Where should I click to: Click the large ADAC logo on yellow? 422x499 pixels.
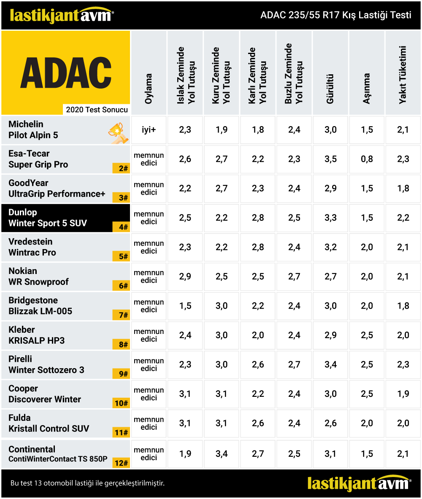(x=66, y=73)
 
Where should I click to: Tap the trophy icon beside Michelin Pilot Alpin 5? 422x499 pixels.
(x=118, y=133)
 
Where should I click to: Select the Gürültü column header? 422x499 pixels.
(x=330, y=89)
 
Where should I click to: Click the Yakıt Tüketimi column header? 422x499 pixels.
(x=403, y=75)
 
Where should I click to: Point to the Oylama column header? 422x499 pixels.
(x=149, y=89)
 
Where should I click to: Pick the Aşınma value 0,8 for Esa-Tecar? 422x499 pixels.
(x=367, y=159)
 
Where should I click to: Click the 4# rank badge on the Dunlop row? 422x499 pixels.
(x=122, y=227)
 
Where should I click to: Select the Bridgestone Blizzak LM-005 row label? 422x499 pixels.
(x=41, y=306)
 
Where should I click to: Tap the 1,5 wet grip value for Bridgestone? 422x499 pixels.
(x=185, y=306)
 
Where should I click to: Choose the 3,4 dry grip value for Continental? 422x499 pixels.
(x=221, y=454)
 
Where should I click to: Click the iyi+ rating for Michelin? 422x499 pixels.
(x=149, y=130)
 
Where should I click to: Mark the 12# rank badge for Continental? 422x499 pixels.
(x=122, y=463)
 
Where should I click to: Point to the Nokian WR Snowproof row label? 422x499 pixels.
(x=38, y=276)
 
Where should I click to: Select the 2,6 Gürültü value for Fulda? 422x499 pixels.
(x=330, y=423)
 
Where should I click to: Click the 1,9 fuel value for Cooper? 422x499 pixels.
(x=403, y=394)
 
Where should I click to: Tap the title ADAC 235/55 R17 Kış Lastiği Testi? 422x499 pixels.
(x=336, y=15)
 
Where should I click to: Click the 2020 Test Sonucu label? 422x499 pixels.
(x=97, y=110)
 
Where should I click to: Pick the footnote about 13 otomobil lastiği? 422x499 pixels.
(x=87, y=483)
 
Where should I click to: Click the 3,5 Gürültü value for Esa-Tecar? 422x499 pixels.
(x=330, y=159)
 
